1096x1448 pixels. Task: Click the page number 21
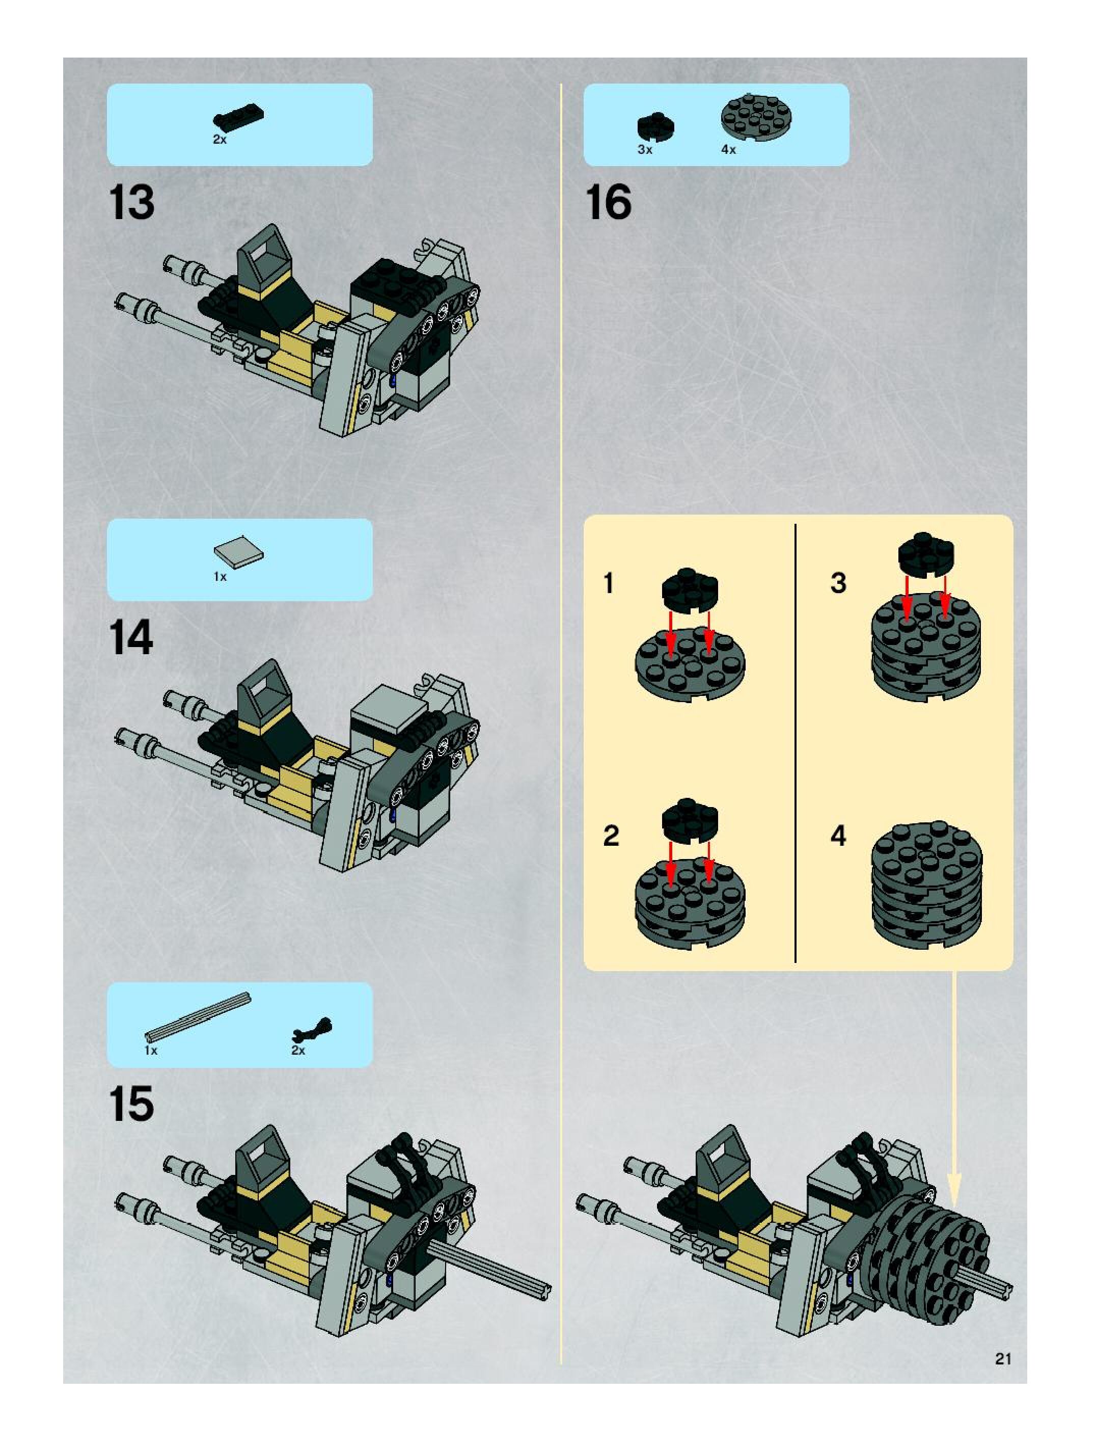(x=1003, y=1359)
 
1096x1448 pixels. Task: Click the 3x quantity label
(x=645, y=150)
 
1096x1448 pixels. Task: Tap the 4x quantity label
(x=728, y=150)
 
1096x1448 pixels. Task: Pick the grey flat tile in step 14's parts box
(x=239, y=553)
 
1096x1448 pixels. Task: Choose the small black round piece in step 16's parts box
(x=656, y=126)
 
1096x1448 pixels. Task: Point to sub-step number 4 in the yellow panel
(x=838, y=836)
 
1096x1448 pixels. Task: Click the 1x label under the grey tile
(x=220, y=577)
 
